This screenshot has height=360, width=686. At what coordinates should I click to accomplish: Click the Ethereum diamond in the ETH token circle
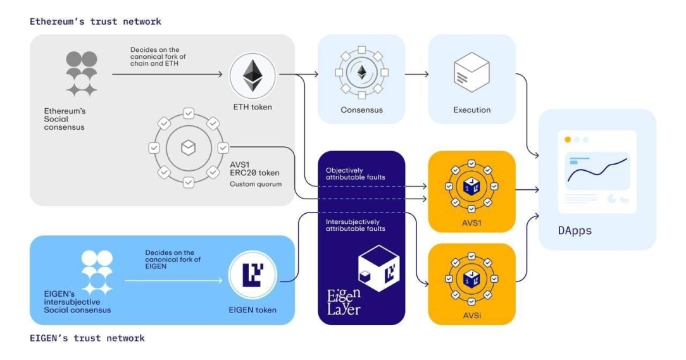coord(253,76)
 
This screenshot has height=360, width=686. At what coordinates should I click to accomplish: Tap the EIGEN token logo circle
coord(253,275)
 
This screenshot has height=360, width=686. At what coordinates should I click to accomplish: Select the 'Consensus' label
coord(361,110)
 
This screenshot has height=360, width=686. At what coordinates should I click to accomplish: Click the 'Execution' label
coord(471,110)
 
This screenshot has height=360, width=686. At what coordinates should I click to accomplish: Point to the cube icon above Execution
coord(471,73)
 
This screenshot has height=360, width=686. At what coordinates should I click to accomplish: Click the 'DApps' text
coord(575,230)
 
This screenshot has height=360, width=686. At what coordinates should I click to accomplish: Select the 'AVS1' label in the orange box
coord(471,223)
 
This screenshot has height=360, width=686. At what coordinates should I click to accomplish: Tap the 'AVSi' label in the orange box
coord(471,315)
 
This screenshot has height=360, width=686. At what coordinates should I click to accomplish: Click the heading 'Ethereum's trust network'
coord(96,22)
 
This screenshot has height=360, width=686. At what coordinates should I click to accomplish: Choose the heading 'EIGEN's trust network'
coord(87,338)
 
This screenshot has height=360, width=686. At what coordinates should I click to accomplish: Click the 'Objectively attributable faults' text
coord(355,173)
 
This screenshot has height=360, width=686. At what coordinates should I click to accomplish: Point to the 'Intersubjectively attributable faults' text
coord(355,225)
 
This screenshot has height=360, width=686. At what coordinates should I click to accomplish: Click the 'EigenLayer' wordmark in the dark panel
coord(344,302)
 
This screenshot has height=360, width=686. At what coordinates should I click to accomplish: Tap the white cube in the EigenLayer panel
coord(378,268)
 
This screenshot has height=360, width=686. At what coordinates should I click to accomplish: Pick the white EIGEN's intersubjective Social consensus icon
coord(97,273)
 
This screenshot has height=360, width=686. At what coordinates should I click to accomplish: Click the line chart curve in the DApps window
coord(597,170)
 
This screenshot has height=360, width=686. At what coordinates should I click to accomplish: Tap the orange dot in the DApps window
coord(568,139)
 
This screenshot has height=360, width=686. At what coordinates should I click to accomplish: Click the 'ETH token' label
coord(253,107)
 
